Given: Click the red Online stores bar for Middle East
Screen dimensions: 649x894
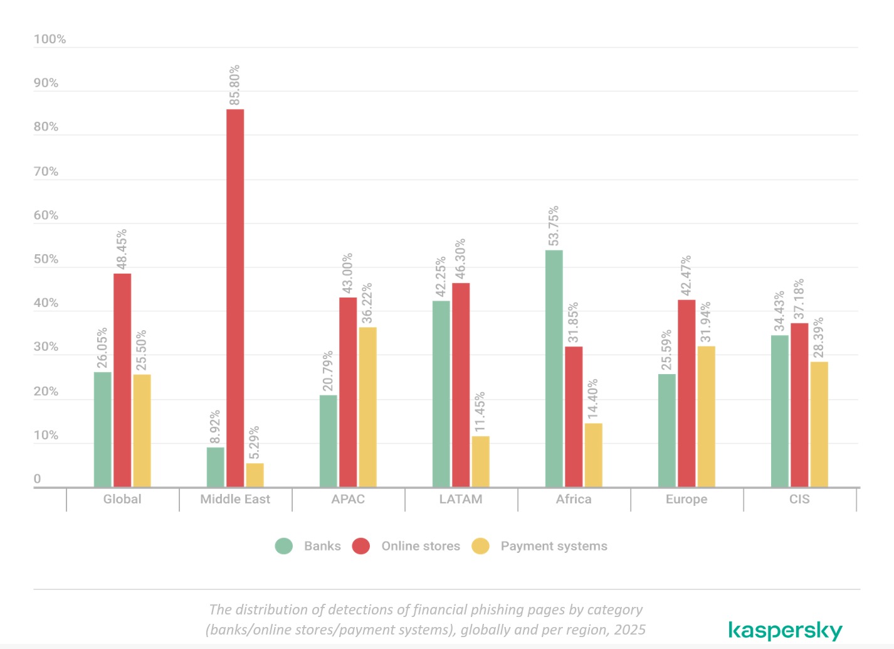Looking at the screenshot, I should tap(235, 298).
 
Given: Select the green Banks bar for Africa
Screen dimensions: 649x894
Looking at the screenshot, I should tap(554, 368).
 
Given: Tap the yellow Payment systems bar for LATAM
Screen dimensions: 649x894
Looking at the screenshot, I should tap(480, 461).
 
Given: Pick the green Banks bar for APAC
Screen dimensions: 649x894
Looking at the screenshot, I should tap(328, 441).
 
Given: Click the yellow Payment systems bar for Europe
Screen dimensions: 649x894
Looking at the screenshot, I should tap(706, 416).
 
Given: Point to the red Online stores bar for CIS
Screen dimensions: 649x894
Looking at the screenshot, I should tap(799, 405).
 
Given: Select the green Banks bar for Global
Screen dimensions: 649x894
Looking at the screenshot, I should tap(103, 429).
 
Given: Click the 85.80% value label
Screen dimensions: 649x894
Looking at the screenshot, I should tap(234, 85).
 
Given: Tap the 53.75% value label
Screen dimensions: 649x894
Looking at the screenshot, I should tap(554, 226).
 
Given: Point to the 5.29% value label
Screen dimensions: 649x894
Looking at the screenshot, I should tap(254, 442).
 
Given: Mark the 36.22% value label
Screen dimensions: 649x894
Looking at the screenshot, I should tap(367, 304).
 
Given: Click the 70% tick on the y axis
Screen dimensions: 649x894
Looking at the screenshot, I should tap(46, 171).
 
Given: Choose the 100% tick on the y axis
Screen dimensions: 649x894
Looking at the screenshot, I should tap(50, 39).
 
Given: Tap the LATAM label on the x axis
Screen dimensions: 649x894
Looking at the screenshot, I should tap(461, 499).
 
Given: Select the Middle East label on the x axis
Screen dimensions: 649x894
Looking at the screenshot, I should tap(235, 499).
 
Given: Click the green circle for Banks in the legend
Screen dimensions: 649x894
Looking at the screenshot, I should tap(284, 546).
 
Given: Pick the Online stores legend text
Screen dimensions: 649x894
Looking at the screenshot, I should tap(421, 546).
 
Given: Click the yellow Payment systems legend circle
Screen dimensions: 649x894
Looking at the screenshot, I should tap(480, 546).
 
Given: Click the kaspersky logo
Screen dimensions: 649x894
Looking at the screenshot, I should tap(785, 630).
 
